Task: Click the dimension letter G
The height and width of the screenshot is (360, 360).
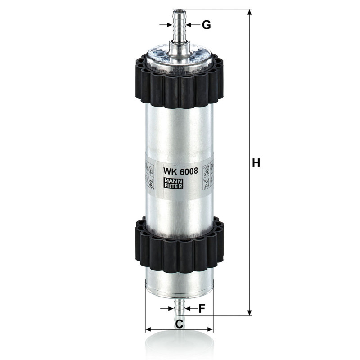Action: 207,25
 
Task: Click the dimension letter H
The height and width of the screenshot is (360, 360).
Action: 256,163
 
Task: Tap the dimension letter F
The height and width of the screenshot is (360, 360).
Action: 202,309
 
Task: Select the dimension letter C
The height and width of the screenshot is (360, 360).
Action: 179,324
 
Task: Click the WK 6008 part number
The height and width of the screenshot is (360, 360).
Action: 180,171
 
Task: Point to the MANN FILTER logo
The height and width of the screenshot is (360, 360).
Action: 173,183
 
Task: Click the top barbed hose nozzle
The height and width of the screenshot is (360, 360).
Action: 180,27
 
